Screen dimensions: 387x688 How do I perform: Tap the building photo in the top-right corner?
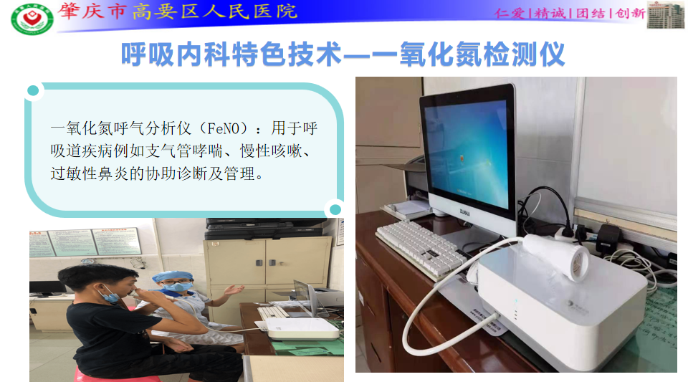click(x=666, y=15)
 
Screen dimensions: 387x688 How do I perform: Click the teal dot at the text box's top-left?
click(x=32, y=91)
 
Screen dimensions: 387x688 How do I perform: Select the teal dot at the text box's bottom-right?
click(x=334, y=209)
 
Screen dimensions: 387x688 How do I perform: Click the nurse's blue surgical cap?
click(x=166, y=277)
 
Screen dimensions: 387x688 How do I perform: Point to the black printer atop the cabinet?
click(x=264, y=229)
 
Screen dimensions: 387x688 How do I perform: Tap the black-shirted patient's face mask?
click(x=110, y=293)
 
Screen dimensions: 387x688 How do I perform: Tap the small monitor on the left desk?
click(x=50, y=288)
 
